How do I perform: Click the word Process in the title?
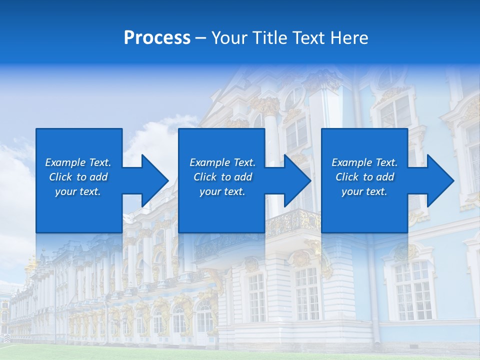157,38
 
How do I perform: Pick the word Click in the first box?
61,177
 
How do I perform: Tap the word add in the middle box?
243,177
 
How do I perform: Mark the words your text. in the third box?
364,191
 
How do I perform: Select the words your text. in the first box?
78,191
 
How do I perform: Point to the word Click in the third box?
347,177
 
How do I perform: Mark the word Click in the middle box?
205,177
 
